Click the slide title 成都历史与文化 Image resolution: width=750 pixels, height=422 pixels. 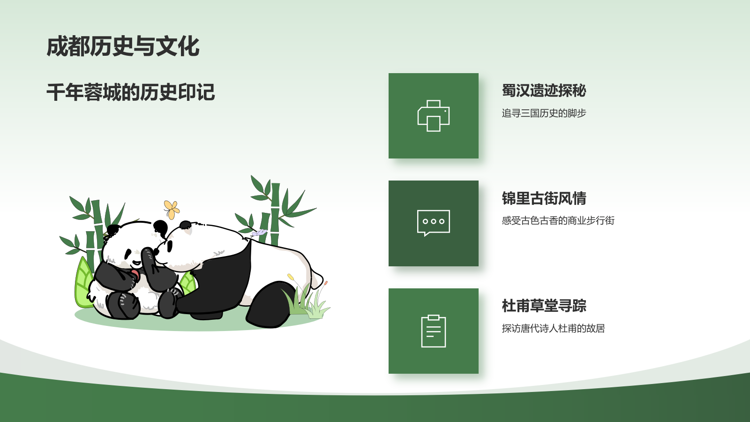(x=123, y=47)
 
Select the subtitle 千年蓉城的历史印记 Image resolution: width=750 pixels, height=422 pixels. (x=130, y=92)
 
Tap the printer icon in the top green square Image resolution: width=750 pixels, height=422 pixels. (x=434, y=116)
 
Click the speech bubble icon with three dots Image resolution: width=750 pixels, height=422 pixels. (x=434, y=222)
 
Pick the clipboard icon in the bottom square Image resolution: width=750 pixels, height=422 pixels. (x=434, y=331)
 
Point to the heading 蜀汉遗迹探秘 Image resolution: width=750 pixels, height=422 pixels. (x=544, y=90)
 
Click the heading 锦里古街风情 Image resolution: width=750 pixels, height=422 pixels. (x=544, y=198)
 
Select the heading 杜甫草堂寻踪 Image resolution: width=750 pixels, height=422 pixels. (x=544, y=306)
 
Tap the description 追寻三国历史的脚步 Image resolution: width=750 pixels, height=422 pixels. (x=544, y=113)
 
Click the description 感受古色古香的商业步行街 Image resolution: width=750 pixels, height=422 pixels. (x=558, y=220)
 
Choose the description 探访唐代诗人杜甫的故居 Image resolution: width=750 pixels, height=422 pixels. (x=553, y=328)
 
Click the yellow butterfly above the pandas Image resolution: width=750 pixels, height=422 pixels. (x=172, y=209)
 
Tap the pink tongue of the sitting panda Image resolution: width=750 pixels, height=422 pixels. (x=135, y=274)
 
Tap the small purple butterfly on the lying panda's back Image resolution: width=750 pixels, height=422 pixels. (x=258, y=233)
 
